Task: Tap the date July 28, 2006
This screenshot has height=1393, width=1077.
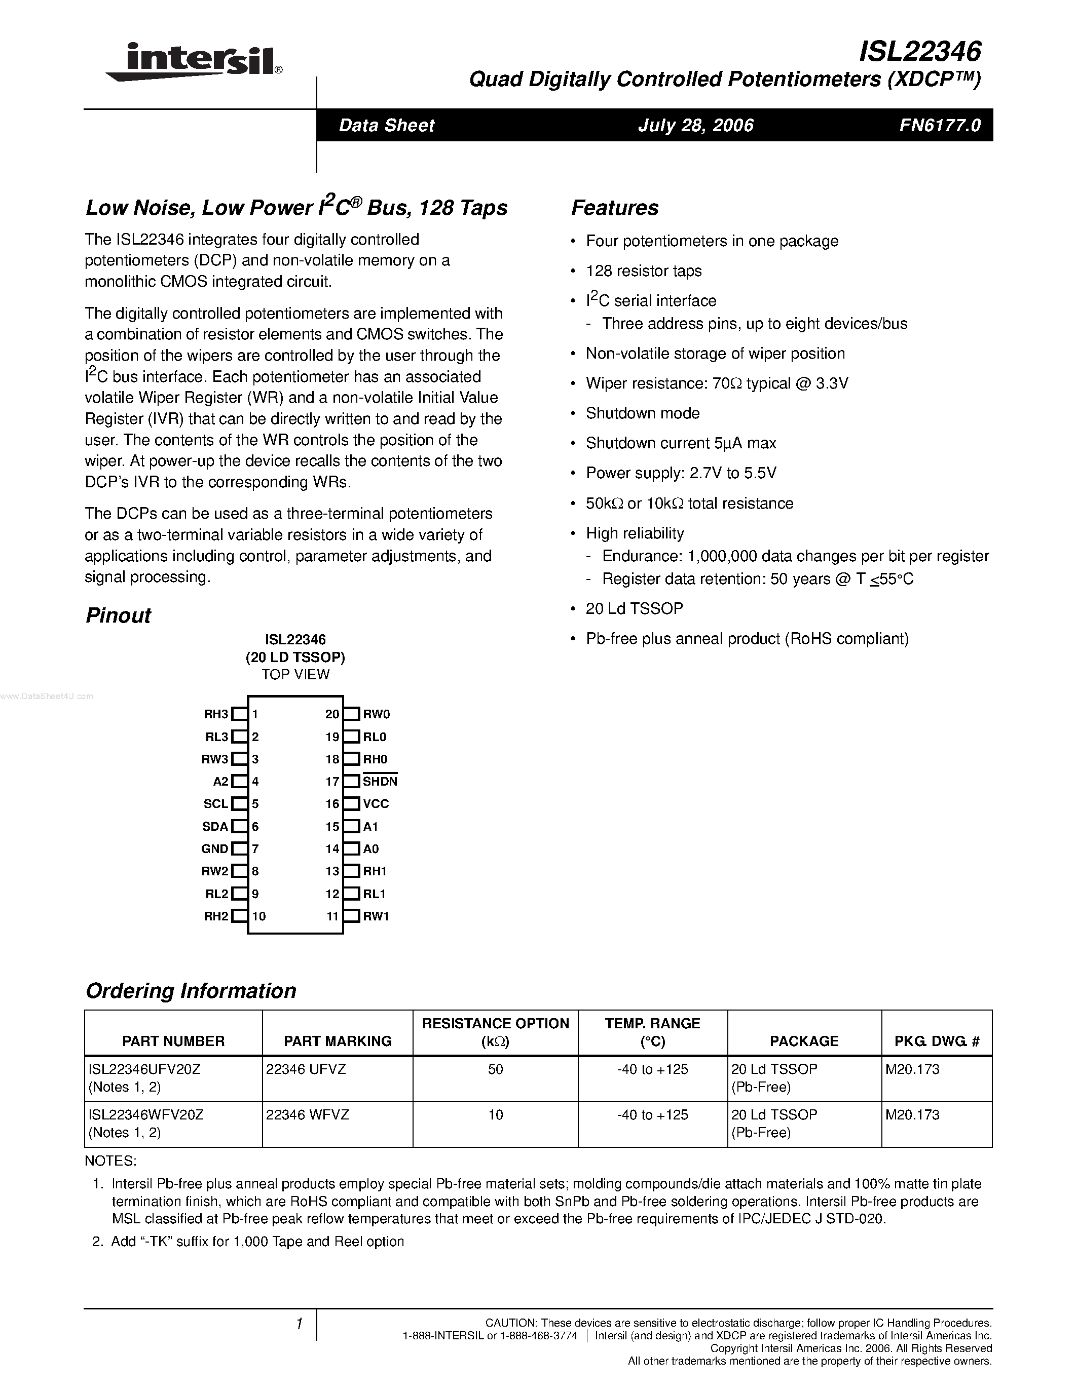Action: pos(695,125)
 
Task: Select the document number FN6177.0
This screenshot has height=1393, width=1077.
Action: pos(940,125)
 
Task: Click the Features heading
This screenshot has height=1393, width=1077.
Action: pos(614,208)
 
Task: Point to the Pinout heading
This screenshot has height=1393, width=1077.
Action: pos(118,615)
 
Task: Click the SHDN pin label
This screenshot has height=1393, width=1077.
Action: pos(380,781)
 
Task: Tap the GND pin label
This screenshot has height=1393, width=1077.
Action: pos(214,849)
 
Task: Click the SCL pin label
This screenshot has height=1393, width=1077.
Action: pos(216,804)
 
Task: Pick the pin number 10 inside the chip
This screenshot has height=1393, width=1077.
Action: pos(258,916)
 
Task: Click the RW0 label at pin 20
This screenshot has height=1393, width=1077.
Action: pos(377,714)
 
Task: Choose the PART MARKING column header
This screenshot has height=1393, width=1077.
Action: pos(338,1041)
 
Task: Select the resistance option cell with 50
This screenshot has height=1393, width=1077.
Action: pos(496,1070)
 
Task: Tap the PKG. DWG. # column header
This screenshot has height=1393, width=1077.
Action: pos(937,1041)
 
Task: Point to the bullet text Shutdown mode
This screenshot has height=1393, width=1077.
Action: pos(643,413)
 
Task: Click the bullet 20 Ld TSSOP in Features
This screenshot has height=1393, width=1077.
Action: pos(634,608)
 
